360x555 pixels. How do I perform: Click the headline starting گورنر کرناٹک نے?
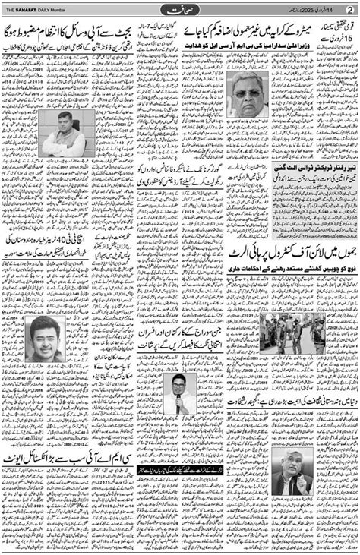coord(178,162)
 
